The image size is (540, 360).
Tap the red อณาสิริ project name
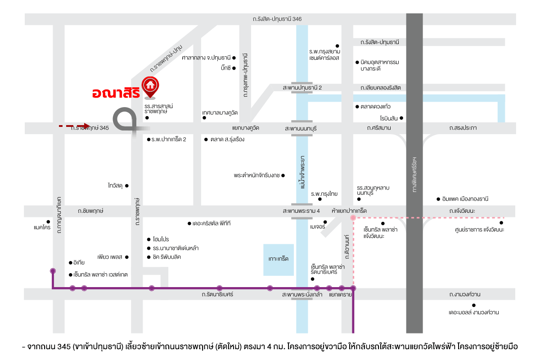115,93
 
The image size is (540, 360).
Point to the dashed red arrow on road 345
75,126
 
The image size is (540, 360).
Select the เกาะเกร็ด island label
278,259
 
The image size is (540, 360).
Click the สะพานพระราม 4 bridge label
301,211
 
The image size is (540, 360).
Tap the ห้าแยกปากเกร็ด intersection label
349,211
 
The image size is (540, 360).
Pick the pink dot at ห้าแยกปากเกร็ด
353,218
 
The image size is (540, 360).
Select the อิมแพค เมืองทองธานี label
465,199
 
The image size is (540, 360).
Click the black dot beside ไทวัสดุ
127,185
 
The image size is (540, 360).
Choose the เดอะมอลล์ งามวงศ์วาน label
473,312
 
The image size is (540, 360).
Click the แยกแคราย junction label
340,295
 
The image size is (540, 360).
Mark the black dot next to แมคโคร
48,221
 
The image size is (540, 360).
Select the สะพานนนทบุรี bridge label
301,128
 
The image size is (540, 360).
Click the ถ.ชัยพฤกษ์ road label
90,211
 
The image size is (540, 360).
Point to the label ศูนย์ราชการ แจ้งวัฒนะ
479,229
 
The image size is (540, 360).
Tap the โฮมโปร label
161,239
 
